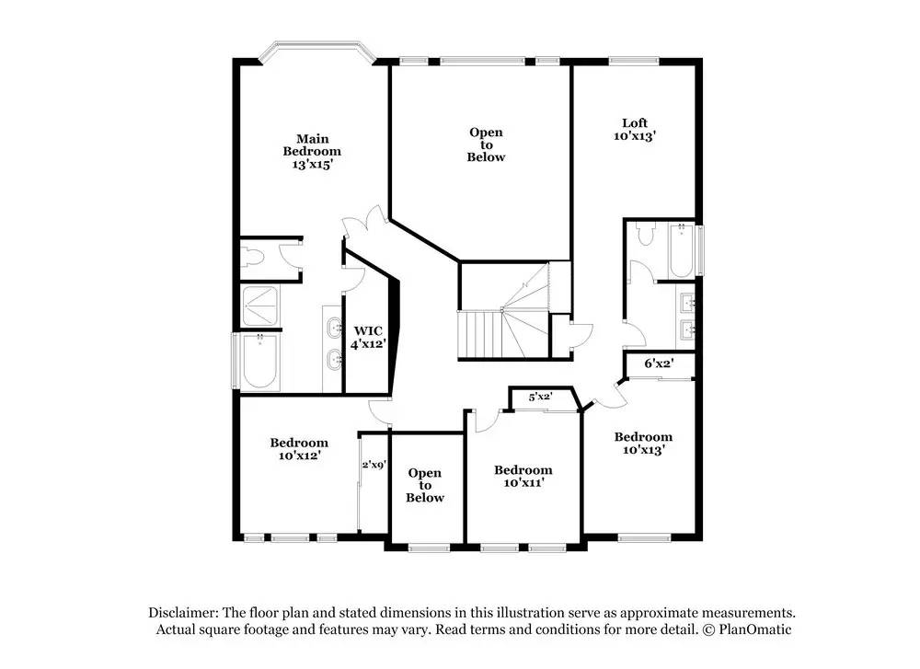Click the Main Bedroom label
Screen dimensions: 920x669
click(312, 152)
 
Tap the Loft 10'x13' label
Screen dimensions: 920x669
click(634, 129)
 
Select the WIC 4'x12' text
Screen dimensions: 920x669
click(368, 338)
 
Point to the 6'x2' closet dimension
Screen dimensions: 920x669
click(659, 363)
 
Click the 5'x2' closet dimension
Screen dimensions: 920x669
click(540, 397)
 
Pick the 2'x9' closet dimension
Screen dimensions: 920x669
click(374, 465)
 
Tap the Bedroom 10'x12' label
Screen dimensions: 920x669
click(299, 449)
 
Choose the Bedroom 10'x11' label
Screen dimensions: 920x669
click(523, 476)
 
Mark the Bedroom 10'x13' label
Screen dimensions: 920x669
click(643, 443)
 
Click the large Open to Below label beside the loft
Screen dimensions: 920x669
click(486, 144)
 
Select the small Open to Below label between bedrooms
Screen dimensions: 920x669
click(425, 485)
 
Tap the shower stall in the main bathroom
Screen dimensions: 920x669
click(260, 306)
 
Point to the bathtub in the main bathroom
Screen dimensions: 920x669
click(260, 362)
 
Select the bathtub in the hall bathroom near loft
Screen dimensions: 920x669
click(681, 250)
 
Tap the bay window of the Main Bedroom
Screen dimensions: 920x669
click(317, 50)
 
